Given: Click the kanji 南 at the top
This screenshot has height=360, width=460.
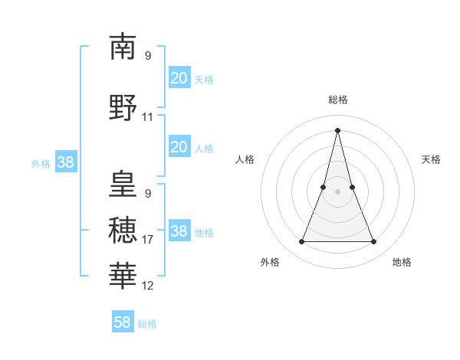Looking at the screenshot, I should point(123,47).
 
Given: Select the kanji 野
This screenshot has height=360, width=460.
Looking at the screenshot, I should point(123,107).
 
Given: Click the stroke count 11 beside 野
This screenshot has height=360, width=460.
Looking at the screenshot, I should point(148,118).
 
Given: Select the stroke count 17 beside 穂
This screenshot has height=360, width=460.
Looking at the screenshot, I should point(148,240).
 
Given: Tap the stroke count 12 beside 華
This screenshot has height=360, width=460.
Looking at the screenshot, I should point(148,286).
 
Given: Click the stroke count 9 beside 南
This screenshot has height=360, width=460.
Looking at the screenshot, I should point(148,56).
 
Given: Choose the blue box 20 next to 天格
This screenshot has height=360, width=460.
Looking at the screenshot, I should point(179,77).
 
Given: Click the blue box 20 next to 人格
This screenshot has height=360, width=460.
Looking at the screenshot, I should point(179,147).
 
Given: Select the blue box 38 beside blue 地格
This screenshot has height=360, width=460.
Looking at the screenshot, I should point(179,231).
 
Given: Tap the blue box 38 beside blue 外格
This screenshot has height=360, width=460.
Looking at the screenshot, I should point(65,162).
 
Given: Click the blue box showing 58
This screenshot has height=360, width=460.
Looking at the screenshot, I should point(123,322).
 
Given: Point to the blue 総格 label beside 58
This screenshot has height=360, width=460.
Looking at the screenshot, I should point(147,324).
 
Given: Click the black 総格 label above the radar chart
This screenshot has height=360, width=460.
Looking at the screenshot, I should point(338,100).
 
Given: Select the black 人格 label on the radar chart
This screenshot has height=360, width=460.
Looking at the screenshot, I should point(245,159).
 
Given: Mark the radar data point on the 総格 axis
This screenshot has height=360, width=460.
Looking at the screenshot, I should point(337,130).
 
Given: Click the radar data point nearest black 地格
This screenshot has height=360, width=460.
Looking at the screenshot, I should point(374,242).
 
